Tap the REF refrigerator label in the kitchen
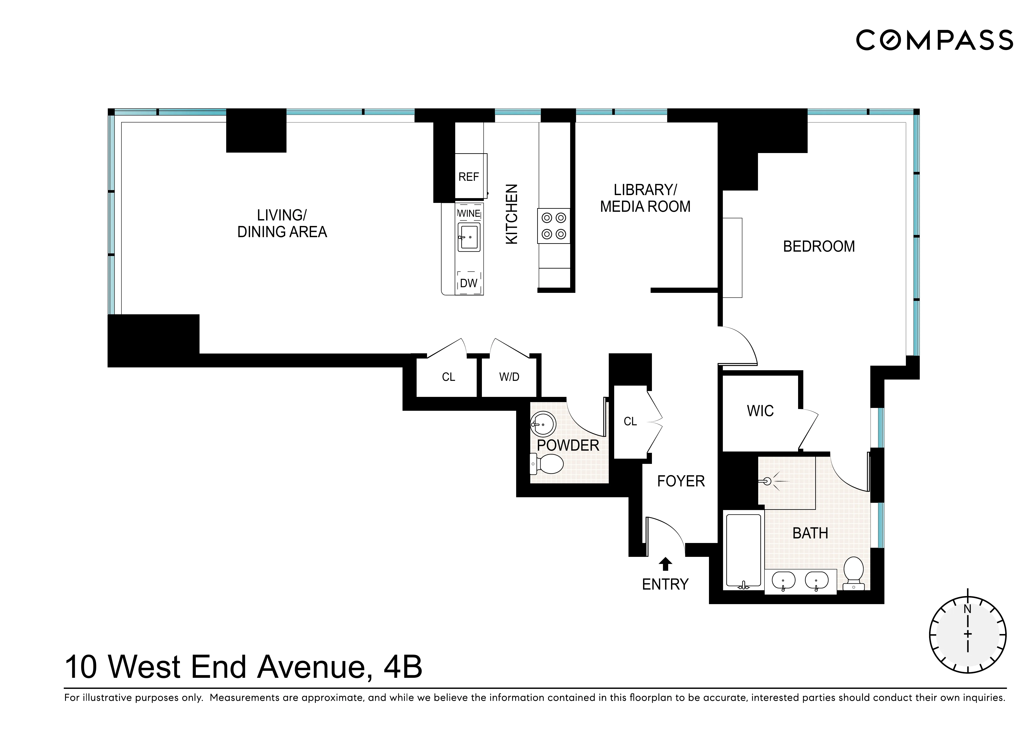(468, 177)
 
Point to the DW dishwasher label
(468, 283)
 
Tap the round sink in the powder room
(543, 424)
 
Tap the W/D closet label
(509, 377)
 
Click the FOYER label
(681, 481)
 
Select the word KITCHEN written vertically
(511, 214)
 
